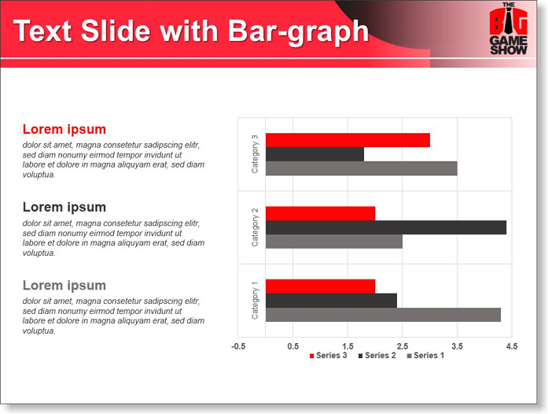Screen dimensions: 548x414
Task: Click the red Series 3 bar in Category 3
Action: (348, 140)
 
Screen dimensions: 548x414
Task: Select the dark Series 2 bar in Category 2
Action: (386, 227)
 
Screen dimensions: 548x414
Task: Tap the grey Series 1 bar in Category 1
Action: (383, 315)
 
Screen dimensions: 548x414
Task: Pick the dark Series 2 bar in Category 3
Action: (314, 154)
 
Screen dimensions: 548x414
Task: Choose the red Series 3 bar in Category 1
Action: (320, 286)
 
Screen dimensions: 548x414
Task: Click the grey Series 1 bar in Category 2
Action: (334, 242)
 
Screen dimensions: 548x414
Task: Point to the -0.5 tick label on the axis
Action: (238, 346)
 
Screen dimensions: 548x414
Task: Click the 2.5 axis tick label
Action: (403, 346)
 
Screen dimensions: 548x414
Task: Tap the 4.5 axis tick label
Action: (512, 346)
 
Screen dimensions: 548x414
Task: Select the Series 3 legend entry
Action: (328, 356)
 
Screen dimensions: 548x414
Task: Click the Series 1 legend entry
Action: (425, 356)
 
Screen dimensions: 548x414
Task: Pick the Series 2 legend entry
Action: (377, 356)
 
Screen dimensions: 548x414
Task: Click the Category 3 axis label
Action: (255, 154)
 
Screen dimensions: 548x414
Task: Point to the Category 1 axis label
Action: (255, 300)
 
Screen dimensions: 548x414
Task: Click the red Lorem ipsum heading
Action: (64, 129)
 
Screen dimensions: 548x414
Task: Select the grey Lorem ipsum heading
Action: (64, 285)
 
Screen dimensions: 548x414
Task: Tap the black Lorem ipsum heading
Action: (64, 207)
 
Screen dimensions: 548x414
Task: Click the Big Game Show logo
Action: (509, 28)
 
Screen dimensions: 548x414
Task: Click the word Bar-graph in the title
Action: (299, 31)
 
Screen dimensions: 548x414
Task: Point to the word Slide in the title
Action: (116, 31)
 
